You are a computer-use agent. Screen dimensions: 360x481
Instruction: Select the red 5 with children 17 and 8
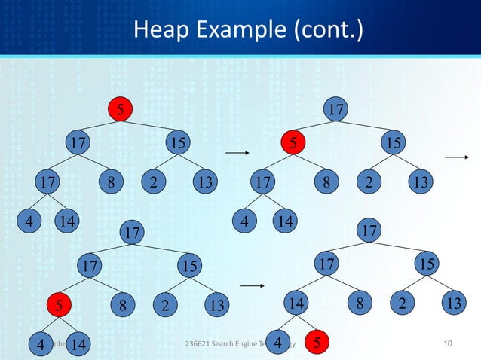[295, 142]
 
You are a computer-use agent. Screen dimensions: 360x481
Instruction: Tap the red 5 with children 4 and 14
[58, 306]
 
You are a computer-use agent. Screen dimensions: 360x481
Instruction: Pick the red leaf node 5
[317, 343]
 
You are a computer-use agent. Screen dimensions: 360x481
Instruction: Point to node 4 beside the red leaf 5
[279, 343]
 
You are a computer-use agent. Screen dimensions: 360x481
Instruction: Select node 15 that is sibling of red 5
[391, 142]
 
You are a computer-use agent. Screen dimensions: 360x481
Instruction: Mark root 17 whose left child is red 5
[336, 110]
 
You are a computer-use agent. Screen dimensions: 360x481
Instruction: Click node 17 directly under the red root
[75, 142]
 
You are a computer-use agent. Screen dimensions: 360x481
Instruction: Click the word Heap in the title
[158, 31]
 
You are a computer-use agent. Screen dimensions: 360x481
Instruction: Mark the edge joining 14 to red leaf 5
[308, 325]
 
